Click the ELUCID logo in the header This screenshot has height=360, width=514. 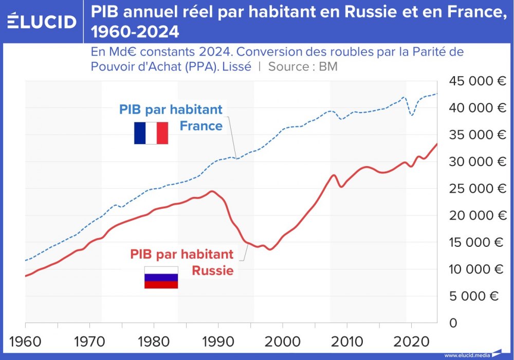42,21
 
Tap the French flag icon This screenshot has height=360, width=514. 151,133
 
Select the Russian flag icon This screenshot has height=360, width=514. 161,278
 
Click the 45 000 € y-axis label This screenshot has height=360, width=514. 478,81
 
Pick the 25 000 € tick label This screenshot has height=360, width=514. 478,189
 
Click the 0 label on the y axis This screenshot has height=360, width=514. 453,323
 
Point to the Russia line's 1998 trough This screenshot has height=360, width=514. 270,249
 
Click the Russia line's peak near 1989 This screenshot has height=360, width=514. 212,191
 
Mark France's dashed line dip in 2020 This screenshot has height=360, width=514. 412,115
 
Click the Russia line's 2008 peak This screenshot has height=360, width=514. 334,175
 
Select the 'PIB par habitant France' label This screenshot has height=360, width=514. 171,117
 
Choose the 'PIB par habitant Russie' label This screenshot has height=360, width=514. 182,262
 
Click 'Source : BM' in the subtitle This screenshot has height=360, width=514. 303,66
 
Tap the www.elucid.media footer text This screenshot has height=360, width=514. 466,355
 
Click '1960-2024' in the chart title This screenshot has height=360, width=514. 135,32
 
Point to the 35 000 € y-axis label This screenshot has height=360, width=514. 478,135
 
